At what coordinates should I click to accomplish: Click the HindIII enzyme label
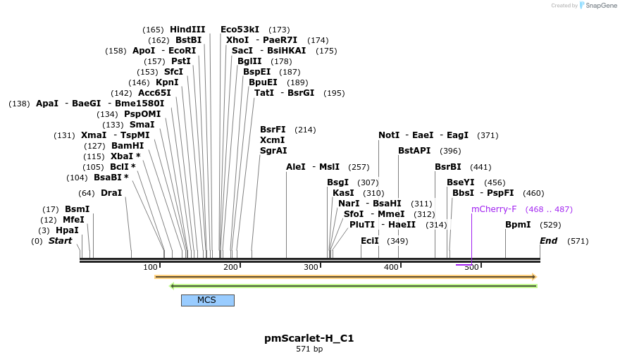pos(187,30)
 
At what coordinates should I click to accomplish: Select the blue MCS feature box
pos(207,300)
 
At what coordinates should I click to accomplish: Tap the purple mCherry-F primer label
pos(494,209)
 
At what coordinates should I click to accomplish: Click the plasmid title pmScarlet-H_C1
pos(309,338)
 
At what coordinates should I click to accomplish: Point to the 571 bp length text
pos(309,349)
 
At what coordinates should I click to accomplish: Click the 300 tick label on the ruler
pos(311,268)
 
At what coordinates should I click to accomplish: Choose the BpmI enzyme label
pos(518,225)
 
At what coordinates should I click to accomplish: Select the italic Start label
pos(60,241)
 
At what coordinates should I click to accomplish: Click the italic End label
pos(548,241)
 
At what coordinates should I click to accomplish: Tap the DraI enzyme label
pos(111,193)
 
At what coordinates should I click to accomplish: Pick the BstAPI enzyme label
pos(414,151)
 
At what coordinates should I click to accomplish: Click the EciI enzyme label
pos(370,241)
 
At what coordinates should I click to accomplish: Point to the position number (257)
pos(359,167)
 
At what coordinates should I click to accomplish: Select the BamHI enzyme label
pos(128,146)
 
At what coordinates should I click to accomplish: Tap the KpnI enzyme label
pos(167,82)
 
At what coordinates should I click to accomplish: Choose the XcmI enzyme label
pos(273,140)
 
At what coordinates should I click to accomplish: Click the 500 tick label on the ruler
pos(471,268)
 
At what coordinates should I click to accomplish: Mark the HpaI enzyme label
pos(68,230)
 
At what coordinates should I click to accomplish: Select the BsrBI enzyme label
pos(448,167)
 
